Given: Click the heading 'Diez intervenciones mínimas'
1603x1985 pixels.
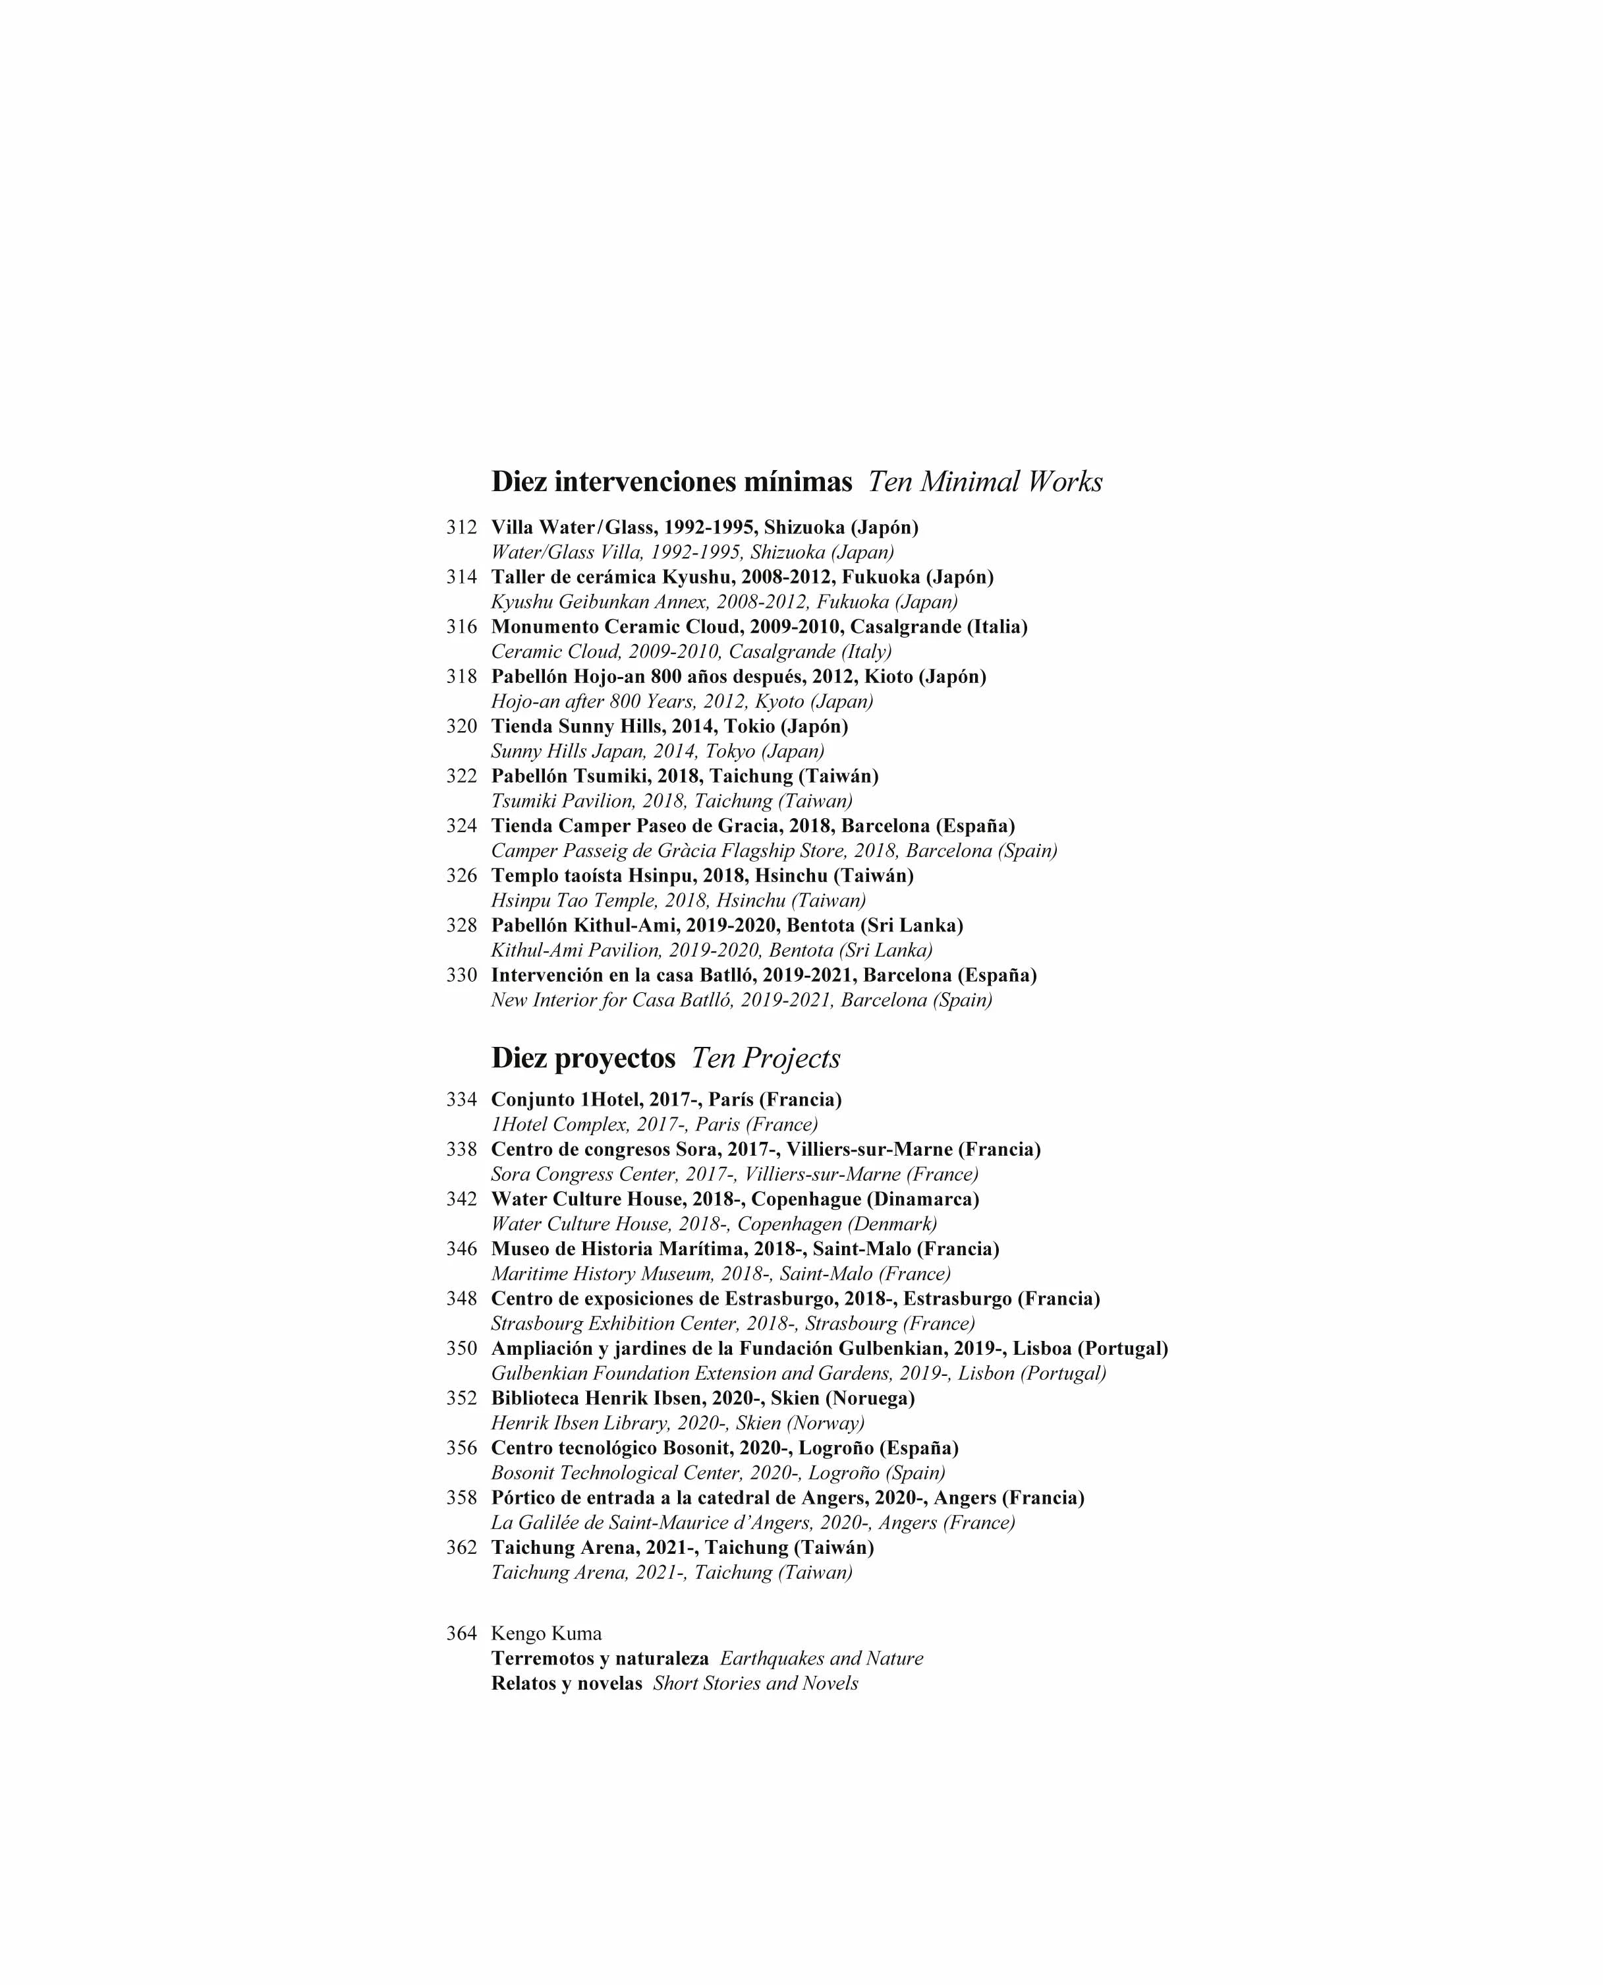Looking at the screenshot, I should (671, 482).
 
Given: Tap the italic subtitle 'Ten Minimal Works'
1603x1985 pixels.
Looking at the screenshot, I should (984, 482).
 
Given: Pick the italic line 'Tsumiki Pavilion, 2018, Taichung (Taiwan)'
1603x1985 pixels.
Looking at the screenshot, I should (671, 801).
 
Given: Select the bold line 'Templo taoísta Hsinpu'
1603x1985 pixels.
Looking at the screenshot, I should (702, 875).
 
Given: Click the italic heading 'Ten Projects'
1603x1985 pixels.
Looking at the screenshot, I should (766, 1059).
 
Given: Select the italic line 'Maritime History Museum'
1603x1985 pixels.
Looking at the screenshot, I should (720, 1275).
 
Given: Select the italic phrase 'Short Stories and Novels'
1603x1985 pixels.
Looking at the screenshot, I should (755, 1684).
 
